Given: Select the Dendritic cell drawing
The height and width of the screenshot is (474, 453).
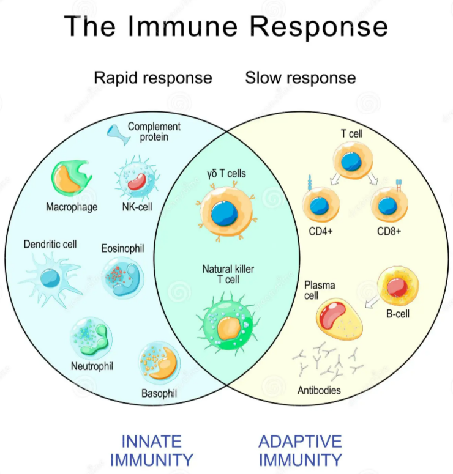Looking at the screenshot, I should pyautogui.click(x=49, y=278).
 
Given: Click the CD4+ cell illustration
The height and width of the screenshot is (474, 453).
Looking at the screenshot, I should pyautogui.click(x=321, y=205).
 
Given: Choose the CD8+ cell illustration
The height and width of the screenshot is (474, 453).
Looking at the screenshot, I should pyautogui.click(x=389, y=205).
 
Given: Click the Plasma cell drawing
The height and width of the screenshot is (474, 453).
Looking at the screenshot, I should pyautogui.click(x=339, y=319).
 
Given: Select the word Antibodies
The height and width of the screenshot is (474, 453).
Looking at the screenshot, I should pyautogui.click(x=319, y=390).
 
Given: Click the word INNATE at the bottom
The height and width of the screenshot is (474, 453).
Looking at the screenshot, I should pyautogui.click(x=151, y=441).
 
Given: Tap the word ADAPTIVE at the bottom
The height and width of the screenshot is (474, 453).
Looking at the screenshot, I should pyautogui.click(x=300, y=441).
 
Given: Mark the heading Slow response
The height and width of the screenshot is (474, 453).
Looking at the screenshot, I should pyautogui.click(x=300, y=78).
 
